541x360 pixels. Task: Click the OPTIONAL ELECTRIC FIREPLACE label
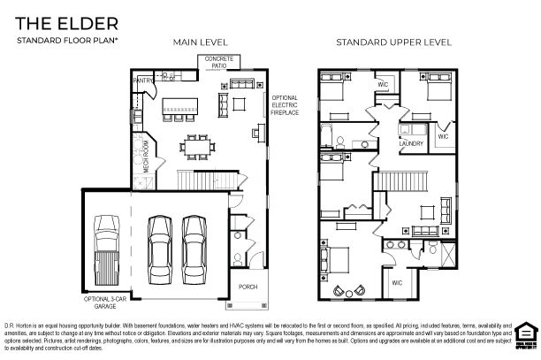285,104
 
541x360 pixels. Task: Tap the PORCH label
249,287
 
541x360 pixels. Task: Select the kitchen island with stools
184,111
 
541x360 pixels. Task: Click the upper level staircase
406,180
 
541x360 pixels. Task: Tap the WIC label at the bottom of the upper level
397,282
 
